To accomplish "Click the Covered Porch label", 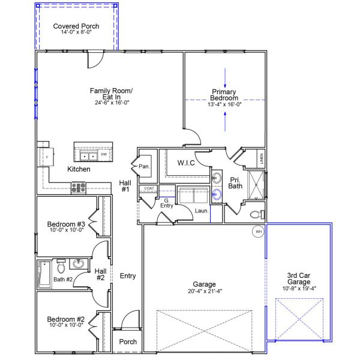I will [76, 26].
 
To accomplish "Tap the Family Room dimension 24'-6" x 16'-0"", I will [111, 103].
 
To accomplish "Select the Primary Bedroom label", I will [225, 95].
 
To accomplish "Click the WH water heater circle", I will [259, 232].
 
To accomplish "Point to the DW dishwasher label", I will [104, 155].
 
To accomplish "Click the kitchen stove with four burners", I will [79, 187].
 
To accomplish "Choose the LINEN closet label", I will [261, 159].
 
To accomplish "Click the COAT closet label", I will [149, 188].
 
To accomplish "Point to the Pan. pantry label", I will [144, 166].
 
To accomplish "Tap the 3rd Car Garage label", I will [298, 280].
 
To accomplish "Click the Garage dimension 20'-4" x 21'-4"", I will [204, 292].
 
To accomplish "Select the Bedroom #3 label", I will [65, 225].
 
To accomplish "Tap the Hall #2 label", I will [100, 274].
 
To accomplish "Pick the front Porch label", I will [128, 341].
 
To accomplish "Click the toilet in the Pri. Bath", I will [254, 214].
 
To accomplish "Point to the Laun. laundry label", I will [201, 211].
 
